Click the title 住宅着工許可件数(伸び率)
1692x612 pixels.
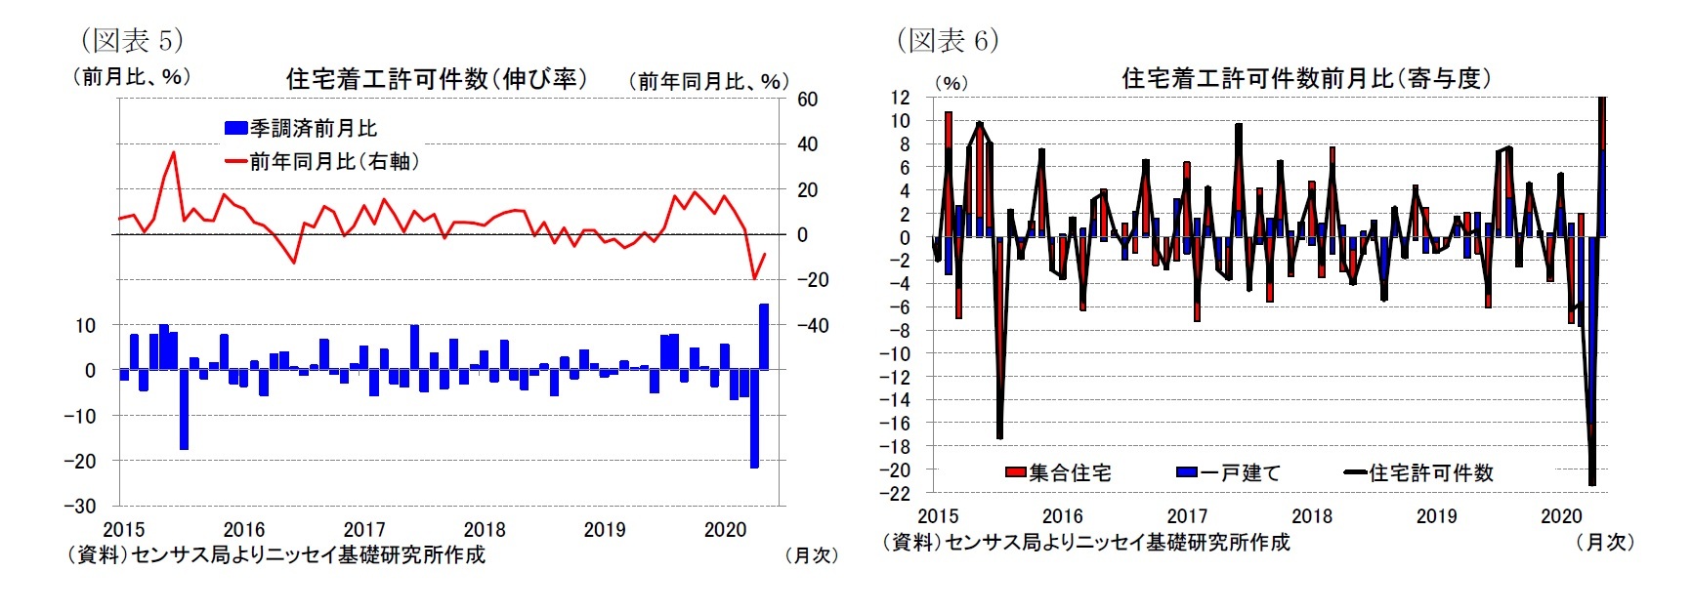437,79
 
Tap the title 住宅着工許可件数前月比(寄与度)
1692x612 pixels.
1306,78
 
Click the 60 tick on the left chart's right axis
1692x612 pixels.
807,99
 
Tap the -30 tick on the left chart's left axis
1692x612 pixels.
80,506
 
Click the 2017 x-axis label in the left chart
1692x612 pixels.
364,529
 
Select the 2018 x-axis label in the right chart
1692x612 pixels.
1312,516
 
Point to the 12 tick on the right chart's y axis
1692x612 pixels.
899,98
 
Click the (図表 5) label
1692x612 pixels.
132,40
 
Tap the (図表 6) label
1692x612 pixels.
948,40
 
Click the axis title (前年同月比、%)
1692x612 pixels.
708,81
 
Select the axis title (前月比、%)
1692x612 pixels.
132,76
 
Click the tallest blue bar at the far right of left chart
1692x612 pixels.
764,337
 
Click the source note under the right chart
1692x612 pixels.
1085,543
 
